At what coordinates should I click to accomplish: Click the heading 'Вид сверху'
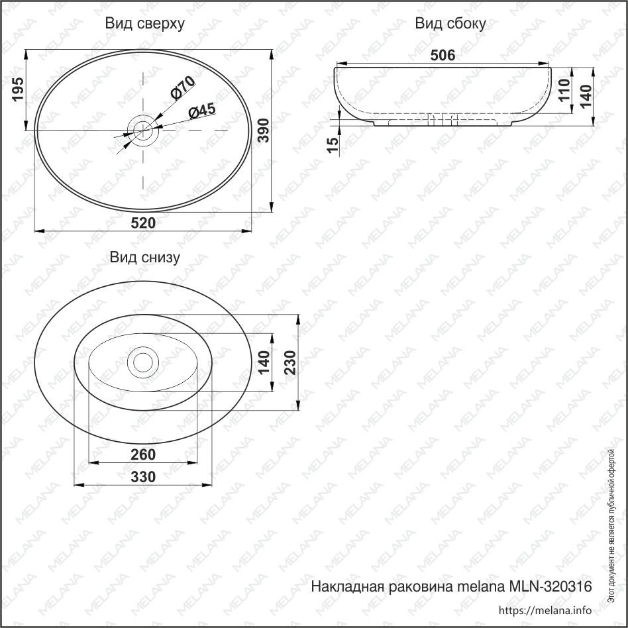coord(144,24)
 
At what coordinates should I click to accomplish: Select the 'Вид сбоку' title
coord(450,24)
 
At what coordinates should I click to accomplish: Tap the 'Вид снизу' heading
coord(144,258)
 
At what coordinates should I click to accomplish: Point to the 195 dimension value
coord(18,89)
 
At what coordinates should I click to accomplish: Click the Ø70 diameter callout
coord(182,88)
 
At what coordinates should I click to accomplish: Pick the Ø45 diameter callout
coord(201,111)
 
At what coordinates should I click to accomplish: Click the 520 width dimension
coord(143,223)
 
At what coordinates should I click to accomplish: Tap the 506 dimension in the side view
coord(443,56)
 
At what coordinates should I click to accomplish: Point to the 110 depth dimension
coord(564,89)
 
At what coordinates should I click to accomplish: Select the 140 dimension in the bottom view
coord(264,362)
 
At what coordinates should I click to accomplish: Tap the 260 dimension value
coord(143,454)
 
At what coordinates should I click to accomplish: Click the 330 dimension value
coord(143,476)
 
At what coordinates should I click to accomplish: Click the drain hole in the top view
coord(143,131)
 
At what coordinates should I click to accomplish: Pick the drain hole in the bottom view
coord(143,362)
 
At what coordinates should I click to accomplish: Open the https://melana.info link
coord(544,610)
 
